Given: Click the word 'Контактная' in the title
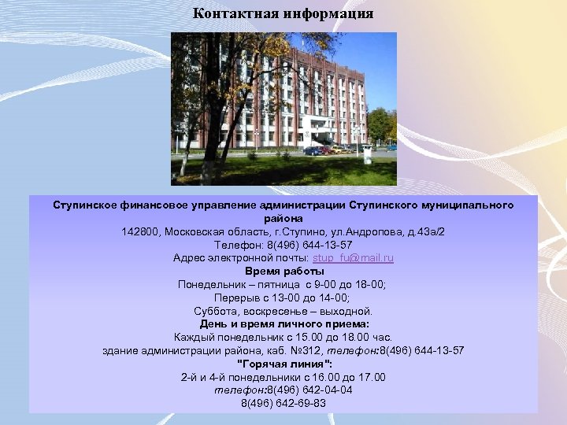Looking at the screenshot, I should (x=232, y=14).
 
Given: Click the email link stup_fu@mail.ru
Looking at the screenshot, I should (x=353, y=257).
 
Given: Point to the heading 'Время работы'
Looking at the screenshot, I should (x=283, y=271).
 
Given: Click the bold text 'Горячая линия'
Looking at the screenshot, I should (x=283, y=364).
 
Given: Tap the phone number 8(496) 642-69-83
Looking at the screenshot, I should (x=283, y=403).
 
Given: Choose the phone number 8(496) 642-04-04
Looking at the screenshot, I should (x=309, y=390).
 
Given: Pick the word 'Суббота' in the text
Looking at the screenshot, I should (x=213, y=311).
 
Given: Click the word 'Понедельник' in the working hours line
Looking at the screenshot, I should (x=210, y=284).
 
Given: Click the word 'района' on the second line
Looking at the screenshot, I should (x=283, y=218).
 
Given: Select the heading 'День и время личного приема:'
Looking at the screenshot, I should (x=283, y=323).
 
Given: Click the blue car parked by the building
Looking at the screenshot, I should (x=314, y=150).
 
